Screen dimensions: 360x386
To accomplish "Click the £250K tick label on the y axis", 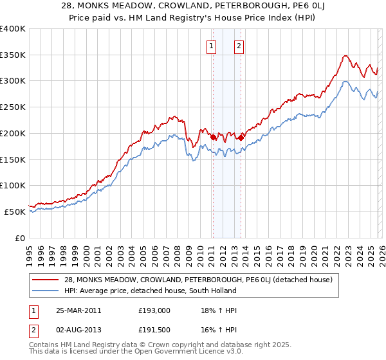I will pyautogui.click(x=13, y=107).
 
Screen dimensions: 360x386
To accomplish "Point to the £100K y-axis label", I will pyautogui.click(x=13, y=186).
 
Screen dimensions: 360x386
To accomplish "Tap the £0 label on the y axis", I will pyautogui.click(x=19, y=238).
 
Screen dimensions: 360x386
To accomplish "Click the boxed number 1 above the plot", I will pyautogui.click(x=212, y=46).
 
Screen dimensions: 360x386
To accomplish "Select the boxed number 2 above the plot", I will pyautogui.click(x=239, y=46).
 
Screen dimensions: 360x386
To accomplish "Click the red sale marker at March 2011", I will pyautogui.click(x=213, y=136).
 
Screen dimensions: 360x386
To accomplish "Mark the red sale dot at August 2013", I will pyautogui.click(x=240, y=137).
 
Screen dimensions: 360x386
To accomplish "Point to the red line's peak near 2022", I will pyautogui.click(x=345, y=56).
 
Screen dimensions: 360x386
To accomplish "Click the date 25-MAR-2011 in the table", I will pyautogui.click(x=78, y=310).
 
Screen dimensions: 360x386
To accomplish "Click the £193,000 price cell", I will pyautogui.click(x=154, y=310).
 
